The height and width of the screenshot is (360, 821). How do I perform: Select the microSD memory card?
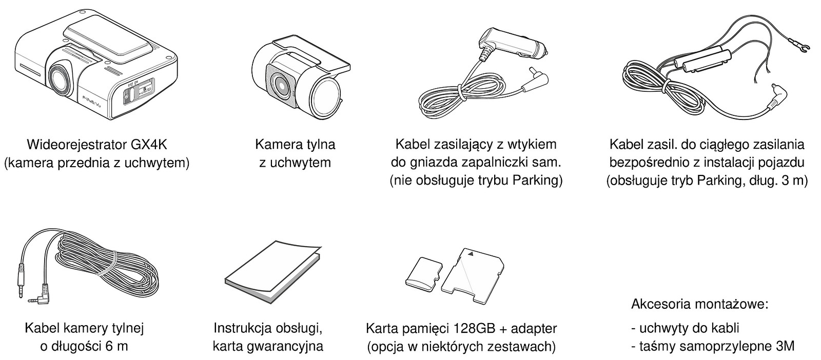(x=424, y=274)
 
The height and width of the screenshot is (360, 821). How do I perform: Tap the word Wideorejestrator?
(x=77, y=145)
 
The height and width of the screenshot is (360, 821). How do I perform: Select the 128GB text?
(x=475, y=329)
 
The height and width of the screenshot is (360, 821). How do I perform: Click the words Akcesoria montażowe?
(x=700, y=304)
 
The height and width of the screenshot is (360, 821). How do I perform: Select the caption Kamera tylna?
(x=295, y=145)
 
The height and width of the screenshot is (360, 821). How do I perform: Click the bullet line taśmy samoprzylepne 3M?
(x=713, y=346)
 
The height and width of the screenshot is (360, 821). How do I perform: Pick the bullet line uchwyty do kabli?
(x=685, y=328)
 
